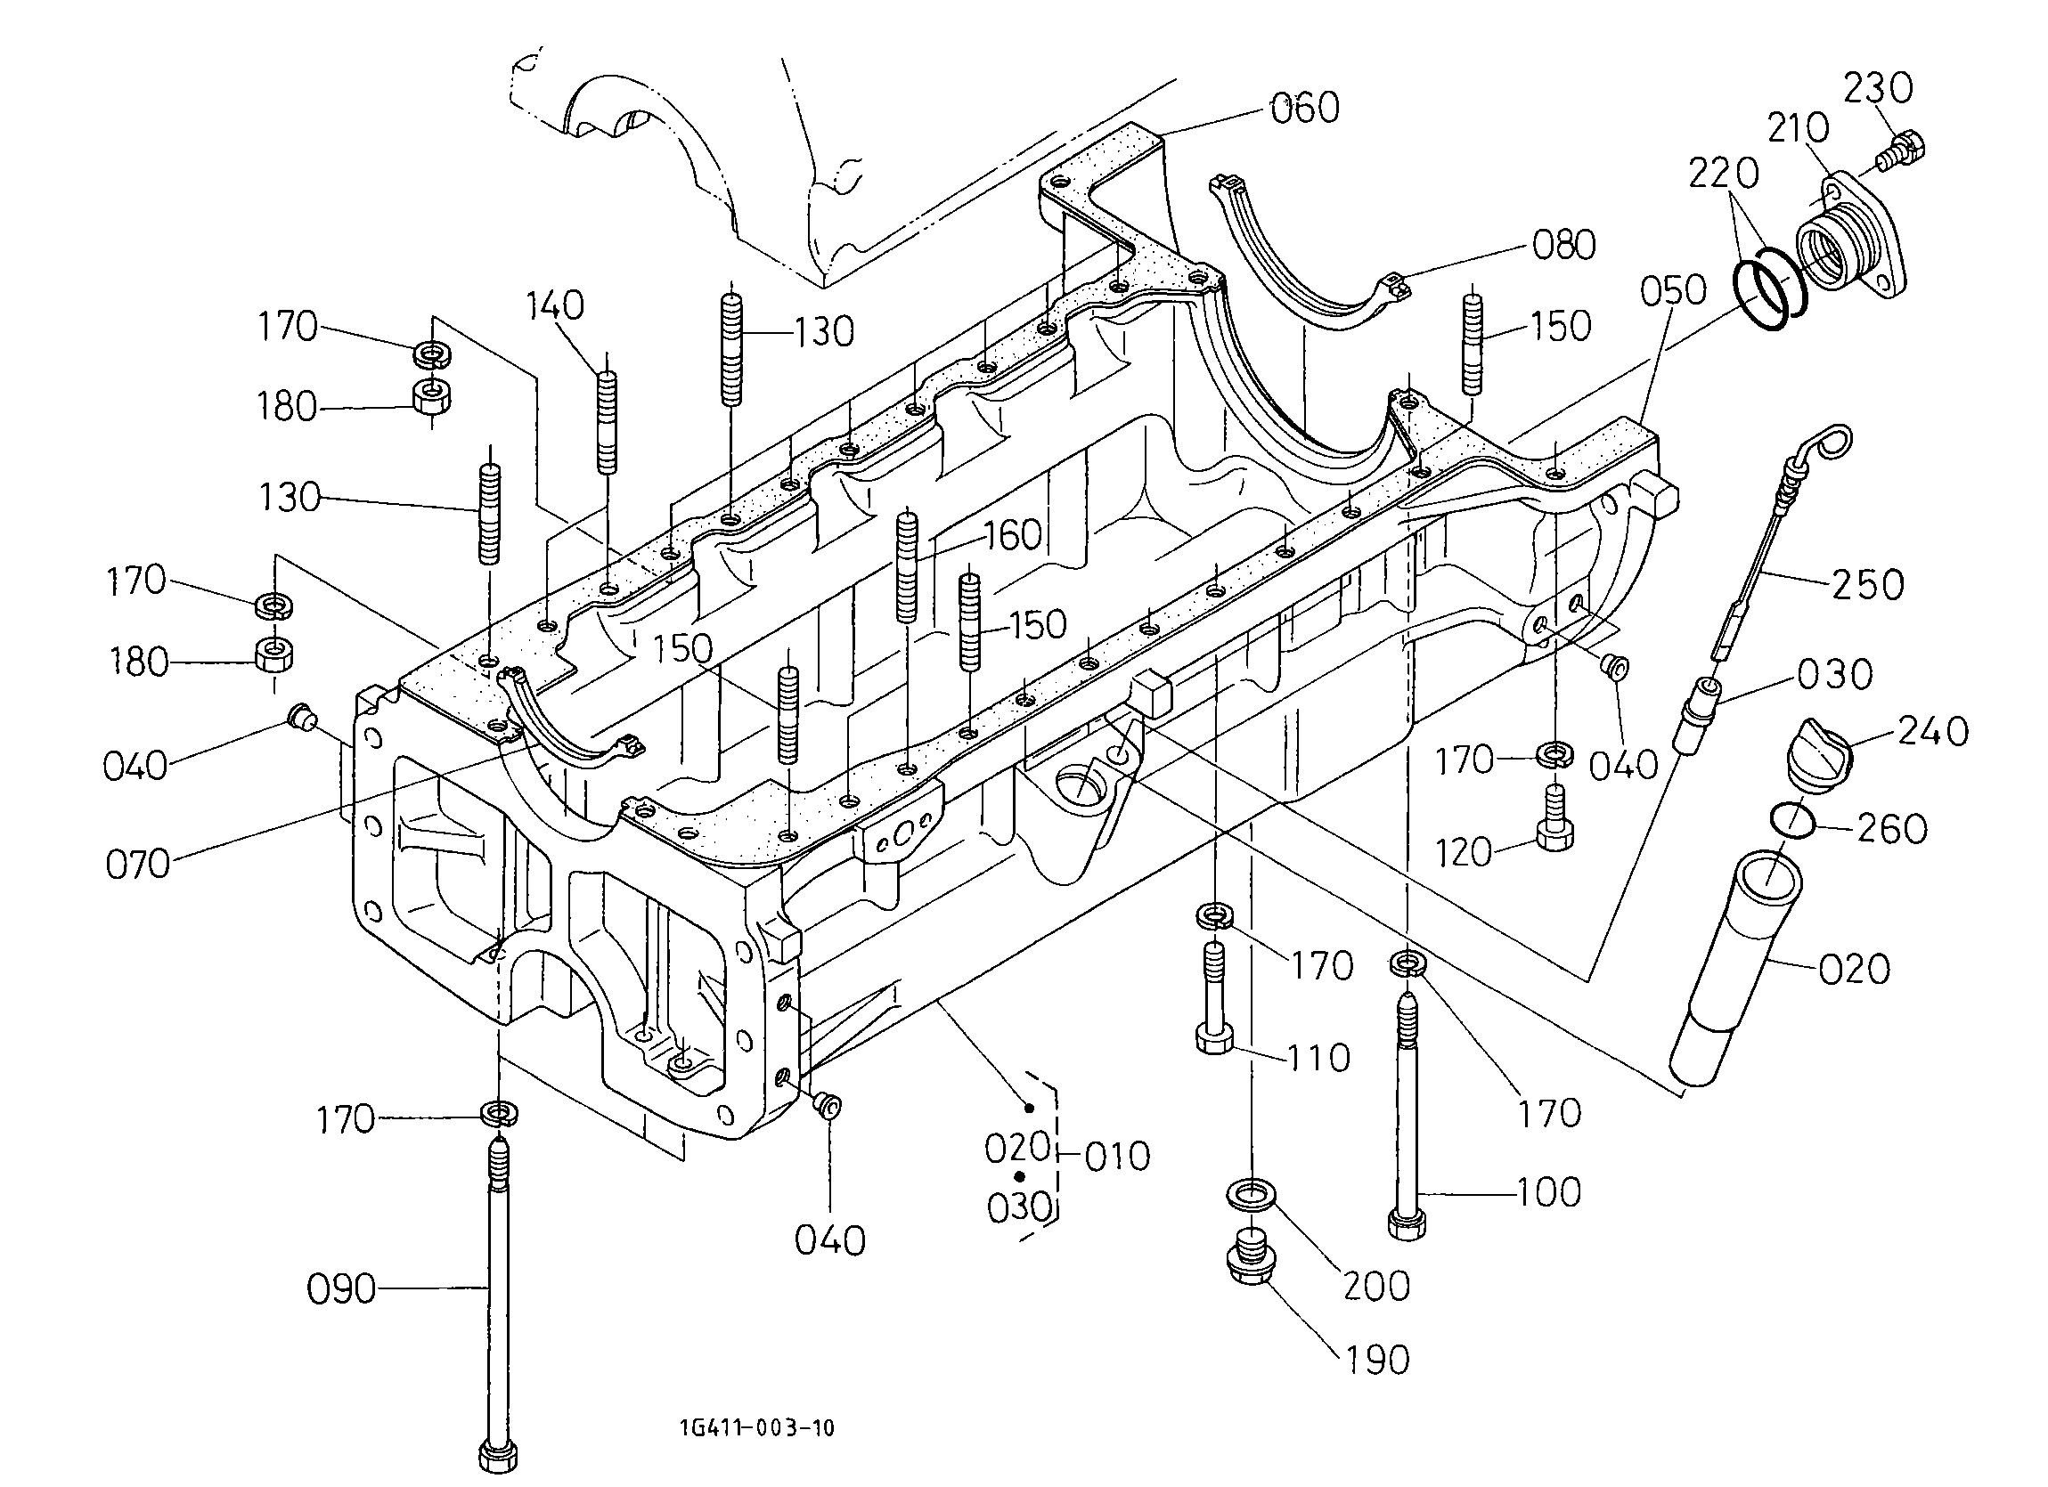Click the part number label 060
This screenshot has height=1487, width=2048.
(x=1305, y=109)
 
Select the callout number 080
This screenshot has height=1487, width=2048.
(x=1564, y=245)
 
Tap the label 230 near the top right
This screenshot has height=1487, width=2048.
(x=1878, y=88)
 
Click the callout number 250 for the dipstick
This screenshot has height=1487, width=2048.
(x=1868, y=585)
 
